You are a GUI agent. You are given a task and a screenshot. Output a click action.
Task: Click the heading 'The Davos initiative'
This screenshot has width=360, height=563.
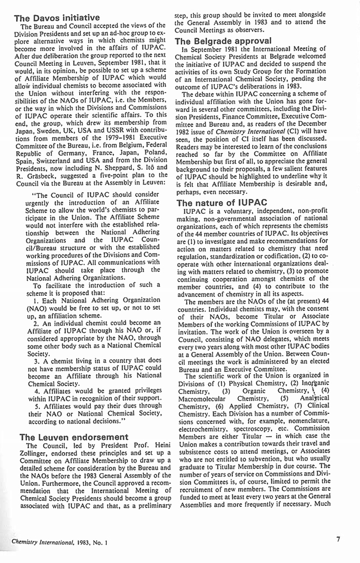pos(56,18)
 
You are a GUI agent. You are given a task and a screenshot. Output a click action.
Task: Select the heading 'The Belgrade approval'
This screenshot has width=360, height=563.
pos(223,40)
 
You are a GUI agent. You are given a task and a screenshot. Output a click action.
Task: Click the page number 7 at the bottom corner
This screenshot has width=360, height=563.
pos(338,538)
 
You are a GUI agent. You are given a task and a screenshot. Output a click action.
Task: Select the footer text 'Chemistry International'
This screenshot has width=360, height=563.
pos(45,540)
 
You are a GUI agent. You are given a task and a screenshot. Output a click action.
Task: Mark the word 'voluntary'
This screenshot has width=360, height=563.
pos(232,212)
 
